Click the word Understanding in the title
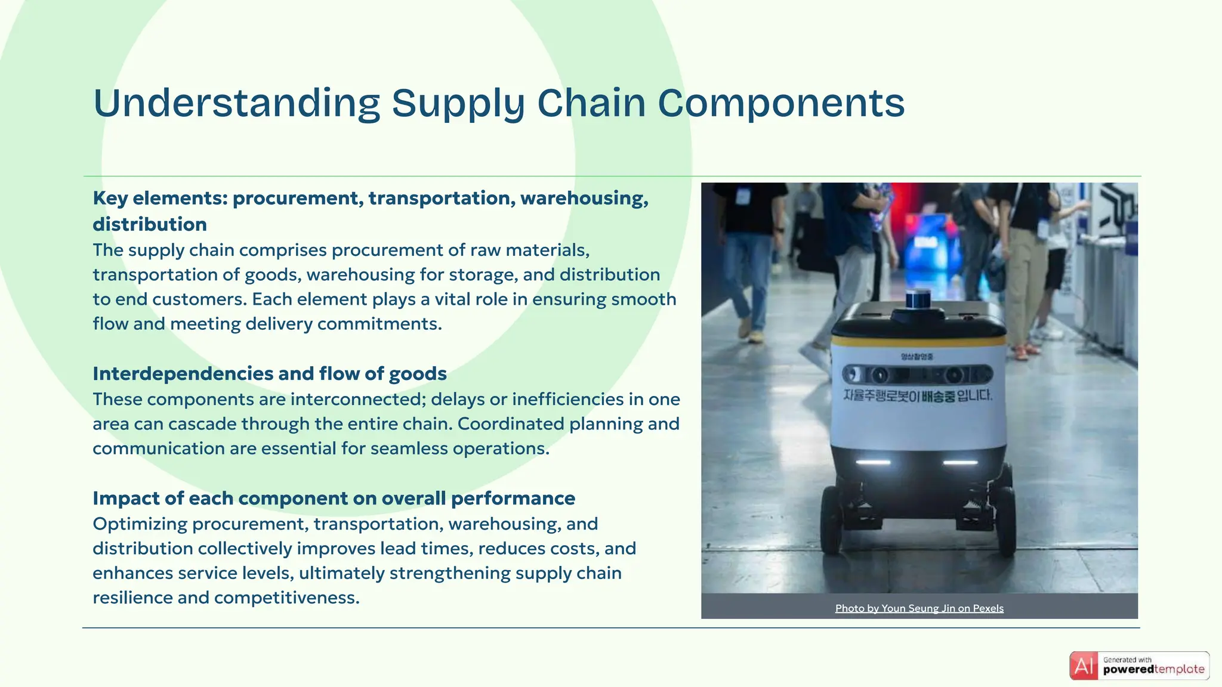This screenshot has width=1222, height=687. point(236,103)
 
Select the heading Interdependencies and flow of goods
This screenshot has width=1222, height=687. point(269,373)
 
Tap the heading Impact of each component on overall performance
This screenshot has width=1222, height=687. point(334,498)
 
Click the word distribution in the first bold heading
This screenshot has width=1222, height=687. point(150,224)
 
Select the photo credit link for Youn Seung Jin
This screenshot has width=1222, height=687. point(919,608)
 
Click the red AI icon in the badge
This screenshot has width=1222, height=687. point(1084,666)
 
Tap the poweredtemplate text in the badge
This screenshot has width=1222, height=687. point(1153,670)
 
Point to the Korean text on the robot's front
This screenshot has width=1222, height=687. point(918,395)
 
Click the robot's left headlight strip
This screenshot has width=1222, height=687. point(873,462)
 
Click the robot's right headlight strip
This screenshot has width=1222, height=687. point(960,462)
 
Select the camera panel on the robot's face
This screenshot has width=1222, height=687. point(918,375)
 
